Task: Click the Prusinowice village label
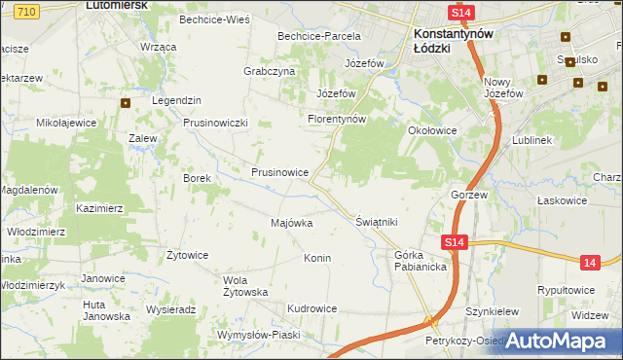[280, 172]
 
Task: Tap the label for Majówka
[291, 223]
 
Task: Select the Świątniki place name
[377, 222]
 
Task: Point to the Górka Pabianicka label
[420, 261]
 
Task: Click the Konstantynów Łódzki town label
[449, 39]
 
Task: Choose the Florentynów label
[336, 119]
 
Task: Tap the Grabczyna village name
[269, 71]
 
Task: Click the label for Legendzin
[176, 100]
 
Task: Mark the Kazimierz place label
[99, 208]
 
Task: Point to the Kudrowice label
[311, 308]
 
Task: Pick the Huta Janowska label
[105, 310]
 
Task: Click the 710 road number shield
[27, 9]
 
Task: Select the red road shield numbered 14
[589, 263]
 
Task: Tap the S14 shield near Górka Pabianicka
[454, 242]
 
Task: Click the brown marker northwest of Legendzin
[126, 102]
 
